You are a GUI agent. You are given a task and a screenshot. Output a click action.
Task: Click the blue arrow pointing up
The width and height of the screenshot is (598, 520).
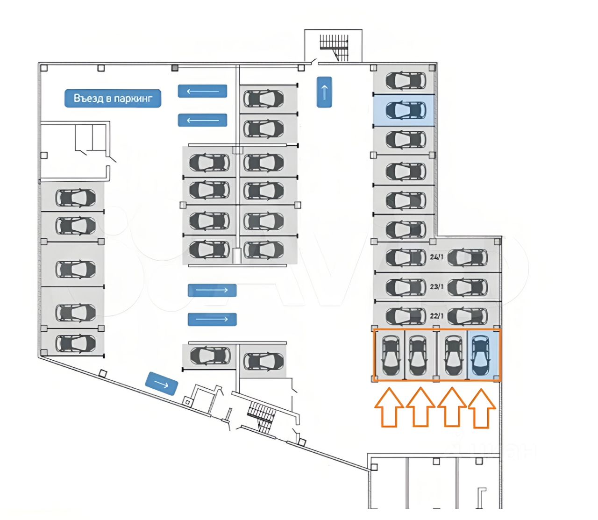[324, 92]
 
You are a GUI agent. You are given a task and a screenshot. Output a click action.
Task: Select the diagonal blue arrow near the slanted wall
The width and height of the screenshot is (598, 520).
[162, 384]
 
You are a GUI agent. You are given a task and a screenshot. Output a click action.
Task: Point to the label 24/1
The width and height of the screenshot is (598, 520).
[437, 257]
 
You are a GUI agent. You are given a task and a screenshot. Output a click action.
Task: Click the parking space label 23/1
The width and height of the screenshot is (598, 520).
[437, 286]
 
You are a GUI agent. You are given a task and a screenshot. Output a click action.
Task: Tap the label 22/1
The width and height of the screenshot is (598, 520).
[437, 316]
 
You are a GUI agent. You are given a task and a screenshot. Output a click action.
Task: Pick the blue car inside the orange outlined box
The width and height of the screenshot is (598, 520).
[481, 356]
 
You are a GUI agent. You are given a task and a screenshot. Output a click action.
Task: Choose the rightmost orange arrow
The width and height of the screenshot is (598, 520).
[482, 408]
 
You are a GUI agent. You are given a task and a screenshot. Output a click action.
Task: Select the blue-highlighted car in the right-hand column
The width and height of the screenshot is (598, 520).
[406, 110]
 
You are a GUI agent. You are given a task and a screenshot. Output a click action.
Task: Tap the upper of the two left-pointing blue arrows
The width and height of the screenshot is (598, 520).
[202, 91]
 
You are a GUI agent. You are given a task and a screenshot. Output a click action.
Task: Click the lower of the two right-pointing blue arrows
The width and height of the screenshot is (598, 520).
[212, 320]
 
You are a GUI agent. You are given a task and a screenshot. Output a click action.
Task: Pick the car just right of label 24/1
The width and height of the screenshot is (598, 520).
[467, 257]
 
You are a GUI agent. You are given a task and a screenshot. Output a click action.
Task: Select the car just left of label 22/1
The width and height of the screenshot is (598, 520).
[406, 316]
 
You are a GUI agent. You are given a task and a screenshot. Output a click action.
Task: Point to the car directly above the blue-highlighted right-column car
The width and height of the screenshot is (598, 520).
[406, 81]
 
